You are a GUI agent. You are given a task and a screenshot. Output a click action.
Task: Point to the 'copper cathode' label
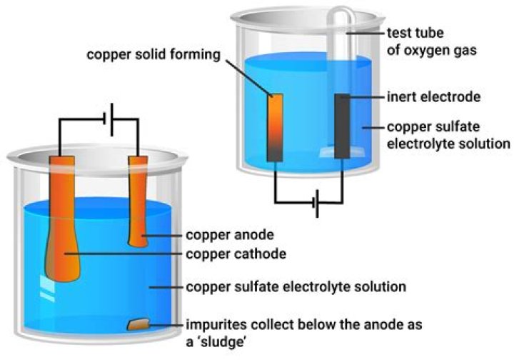(x=228, y=254)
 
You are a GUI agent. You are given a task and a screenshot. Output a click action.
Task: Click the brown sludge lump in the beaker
(x=137, y=325)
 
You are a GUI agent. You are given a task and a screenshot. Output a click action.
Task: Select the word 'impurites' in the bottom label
(x=212, y=324)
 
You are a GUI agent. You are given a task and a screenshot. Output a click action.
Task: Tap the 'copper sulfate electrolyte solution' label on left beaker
(x=296, y=287)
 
